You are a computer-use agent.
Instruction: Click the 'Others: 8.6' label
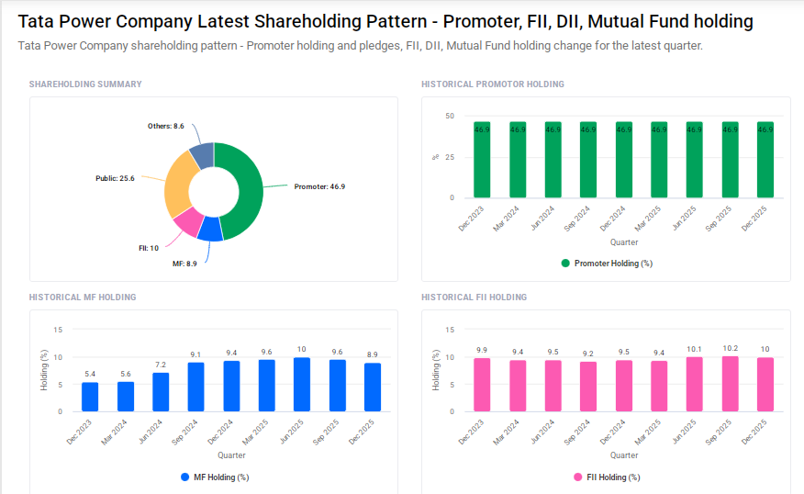[166, 126]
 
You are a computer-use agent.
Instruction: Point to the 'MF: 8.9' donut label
[184, 264]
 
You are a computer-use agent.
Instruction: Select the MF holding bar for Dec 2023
[90, 397]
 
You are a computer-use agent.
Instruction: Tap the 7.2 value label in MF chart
[161, 365]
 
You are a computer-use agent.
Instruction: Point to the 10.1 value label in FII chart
[694, 350]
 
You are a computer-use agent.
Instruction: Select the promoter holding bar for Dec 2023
[482, 160]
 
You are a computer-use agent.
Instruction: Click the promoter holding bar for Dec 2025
[765, 160]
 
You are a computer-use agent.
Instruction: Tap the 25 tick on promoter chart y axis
[449, 157]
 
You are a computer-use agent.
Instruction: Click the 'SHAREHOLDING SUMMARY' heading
[85, 84]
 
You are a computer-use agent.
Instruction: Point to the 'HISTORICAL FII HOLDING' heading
[474, 298]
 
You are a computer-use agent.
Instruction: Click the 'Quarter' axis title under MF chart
[231, 455]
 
